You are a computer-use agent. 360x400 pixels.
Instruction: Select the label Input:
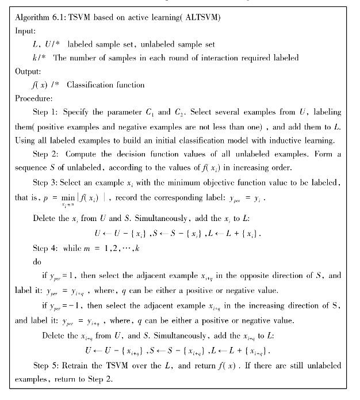click(x=25, y=31)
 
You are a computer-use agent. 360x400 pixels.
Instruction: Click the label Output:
click(x=28, y=71)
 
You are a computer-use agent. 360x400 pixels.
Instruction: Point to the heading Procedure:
click(x=34, y=98)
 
